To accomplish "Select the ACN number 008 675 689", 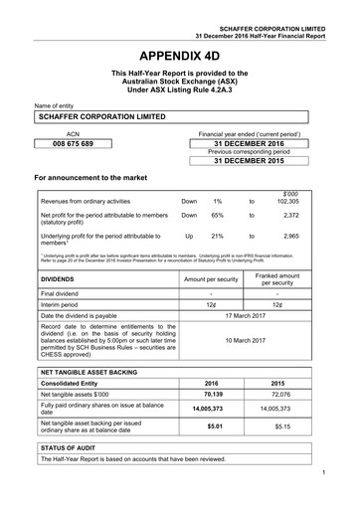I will [x=72, y=144].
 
